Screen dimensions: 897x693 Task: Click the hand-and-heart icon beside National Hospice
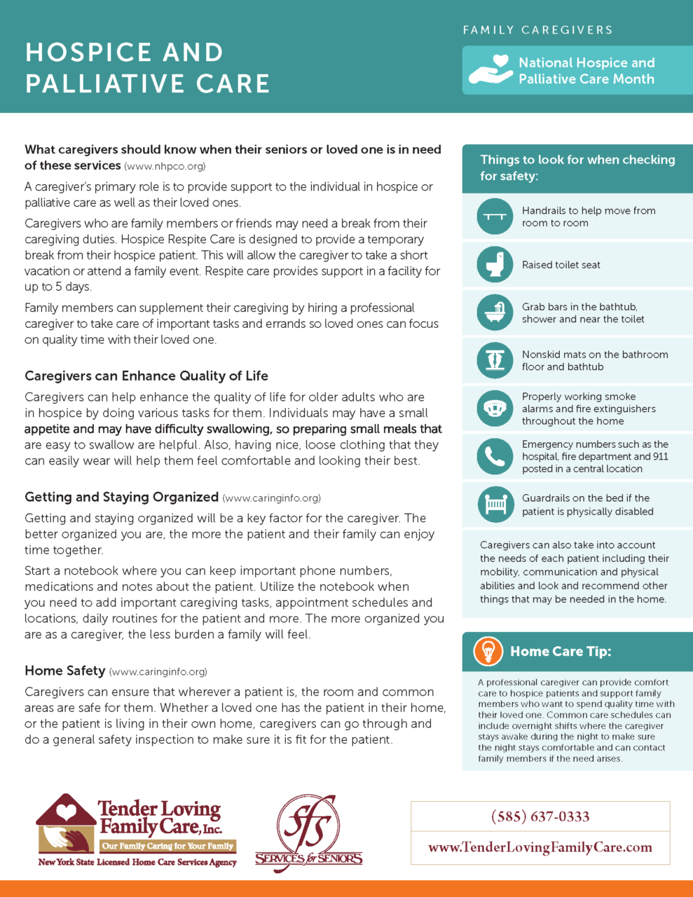click(491, 70)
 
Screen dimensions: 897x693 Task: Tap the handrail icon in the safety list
click(495, 217)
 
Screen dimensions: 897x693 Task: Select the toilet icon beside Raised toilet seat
click(495, 264)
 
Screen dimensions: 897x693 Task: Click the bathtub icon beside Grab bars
click(495, 313)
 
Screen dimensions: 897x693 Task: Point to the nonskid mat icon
click(495, 360)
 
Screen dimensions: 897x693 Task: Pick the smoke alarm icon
click(495, 408)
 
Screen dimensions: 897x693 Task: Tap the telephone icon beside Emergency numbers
click(495, 456)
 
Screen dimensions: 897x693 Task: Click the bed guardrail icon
click(495, 504)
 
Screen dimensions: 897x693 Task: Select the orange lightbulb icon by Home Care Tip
click(488, 651)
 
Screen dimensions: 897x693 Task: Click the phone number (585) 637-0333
click(540, 816)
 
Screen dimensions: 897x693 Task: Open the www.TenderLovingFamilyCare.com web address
click(540, 847)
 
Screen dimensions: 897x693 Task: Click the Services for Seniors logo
click(308, 834)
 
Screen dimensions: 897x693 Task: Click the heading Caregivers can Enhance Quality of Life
click(146, 376)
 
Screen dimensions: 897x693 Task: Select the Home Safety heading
click(64, 671)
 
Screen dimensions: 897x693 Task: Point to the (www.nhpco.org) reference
click(165, 167)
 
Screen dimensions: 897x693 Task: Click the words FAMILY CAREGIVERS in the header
click(537, 30)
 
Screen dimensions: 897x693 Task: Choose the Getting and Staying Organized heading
click(122, 497)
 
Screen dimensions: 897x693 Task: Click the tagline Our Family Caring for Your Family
click(167, 846)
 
